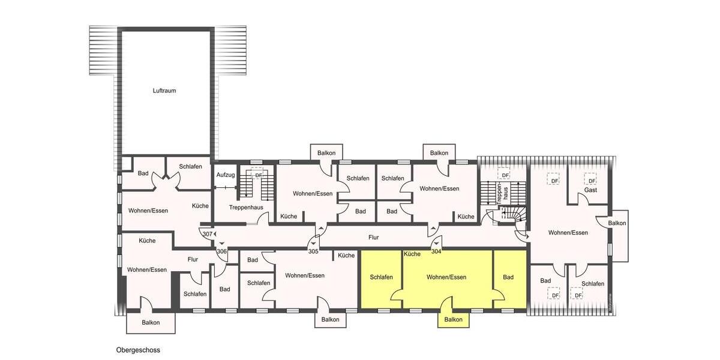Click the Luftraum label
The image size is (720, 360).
pos(164,91)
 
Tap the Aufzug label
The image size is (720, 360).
pos(225,175)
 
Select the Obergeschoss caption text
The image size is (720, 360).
pos(138,350)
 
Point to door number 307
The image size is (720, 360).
pos(208,234)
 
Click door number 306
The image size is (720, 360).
pos(221,251)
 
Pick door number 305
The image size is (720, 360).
pos(313,251)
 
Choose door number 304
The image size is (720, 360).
pos(436,251)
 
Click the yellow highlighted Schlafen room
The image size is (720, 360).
pos(381,277)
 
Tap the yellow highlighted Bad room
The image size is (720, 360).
pos(508,277)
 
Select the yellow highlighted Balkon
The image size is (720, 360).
pos(453,319)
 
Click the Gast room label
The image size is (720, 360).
pos(591,190)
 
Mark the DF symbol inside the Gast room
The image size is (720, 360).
pos(592,181)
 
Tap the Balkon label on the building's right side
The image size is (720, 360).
pos(617,223)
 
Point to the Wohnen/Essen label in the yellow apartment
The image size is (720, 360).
pos(446,277)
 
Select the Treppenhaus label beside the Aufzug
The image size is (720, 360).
pos(246,207)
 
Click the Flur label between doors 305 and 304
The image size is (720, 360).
pos(374,238)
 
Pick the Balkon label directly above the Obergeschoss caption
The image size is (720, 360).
pos(151,322)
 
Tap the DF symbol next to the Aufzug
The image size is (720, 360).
pos(259,175)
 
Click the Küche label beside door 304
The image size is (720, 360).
pos(412,254)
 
